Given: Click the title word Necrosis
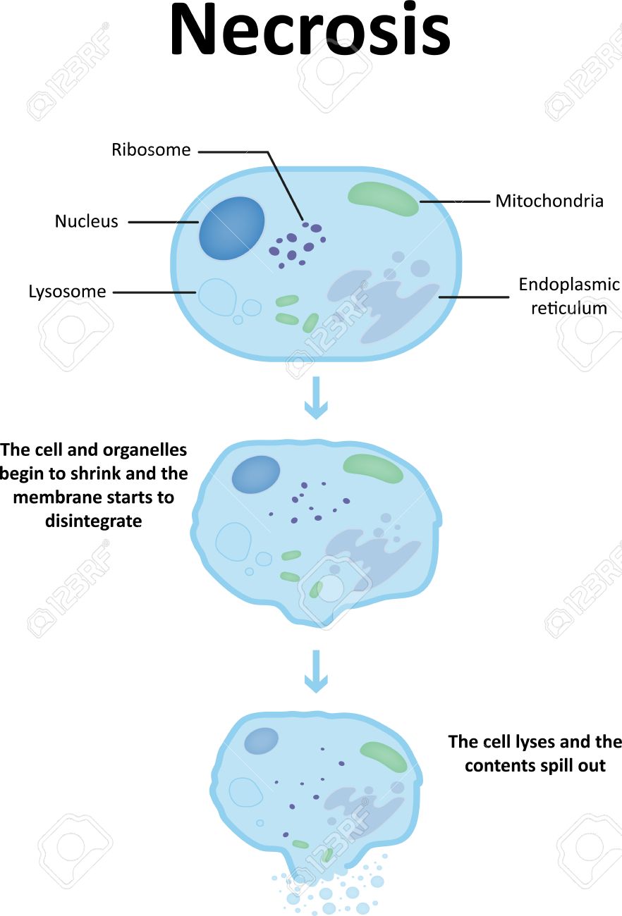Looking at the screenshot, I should [310, 32].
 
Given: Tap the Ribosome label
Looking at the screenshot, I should [151, 150].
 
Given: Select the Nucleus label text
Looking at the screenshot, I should [86, 221].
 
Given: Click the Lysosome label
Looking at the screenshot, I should [67, 291].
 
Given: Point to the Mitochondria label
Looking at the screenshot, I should [549, 201].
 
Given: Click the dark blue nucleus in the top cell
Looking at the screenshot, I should [231, 228].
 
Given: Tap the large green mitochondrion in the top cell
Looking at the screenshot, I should [383, 198].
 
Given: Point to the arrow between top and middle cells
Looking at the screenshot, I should [316, 399].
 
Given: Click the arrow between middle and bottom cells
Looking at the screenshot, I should [316, 671].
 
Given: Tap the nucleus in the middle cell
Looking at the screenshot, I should [256, 474].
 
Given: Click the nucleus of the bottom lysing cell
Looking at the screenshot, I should [261, 741].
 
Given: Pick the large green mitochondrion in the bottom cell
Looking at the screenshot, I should [383, 757].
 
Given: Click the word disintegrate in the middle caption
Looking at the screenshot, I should [93, 521].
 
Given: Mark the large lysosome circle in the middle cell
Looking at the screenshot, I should [233, 541].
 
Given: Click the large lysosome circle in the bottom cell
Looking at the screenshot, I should [245, 792].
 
